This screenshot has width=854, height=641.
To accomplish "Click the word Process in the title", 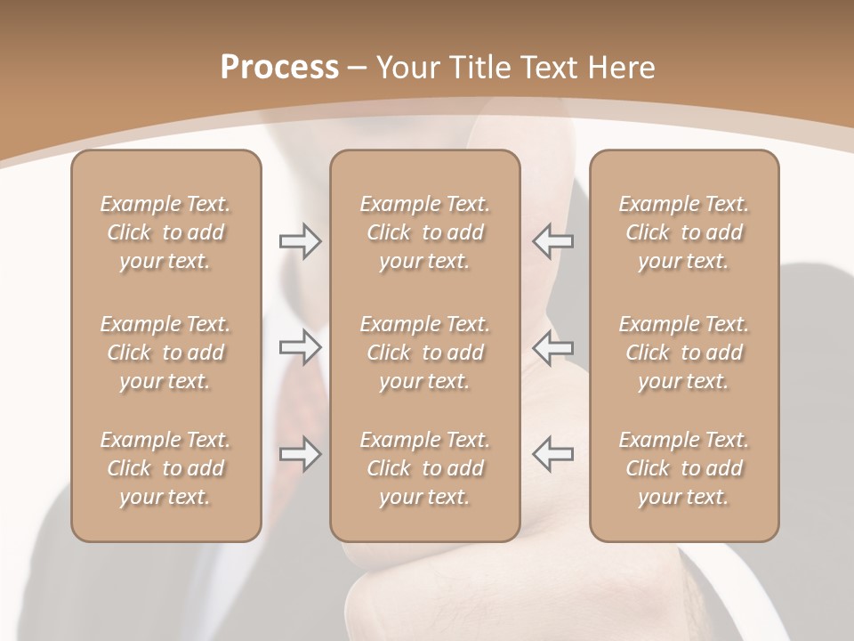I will coord(279,68).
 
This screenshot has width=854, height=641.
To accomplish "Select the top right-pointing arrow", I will coord(300,241).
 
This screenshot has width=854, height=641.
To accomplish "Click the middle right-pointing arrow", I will coord(300,347).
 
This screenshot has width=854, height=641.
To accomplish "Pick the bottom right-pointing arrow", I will coord(300,454).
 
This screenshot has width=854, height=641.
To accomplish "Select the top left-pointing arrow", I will coord(552,241).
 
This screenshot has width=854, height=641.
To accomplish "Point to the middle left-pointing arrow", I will coord(552,347).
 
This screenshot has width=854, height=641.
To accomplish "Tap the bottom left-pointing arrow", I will coord(552,454).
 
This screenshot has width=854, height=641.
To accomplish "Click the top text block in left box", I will coord(165,232).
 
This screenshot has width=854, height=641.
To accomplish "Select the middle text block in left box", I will coord(165,353).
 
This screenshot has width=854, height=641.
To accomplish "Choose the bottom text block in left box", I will coord(165,468).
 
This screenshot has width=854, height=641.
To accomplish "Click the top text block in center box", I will coord(425,232).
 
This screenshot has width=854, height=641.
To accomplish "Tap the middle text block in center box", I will coord(425,353).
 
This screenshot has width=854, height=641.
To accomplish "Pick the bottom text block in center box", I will coord(425,468).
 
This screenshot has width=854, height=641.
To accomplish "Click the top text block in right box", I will coord(684,232).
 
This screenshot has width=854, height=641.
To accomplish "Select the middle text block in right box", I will coord(684,353).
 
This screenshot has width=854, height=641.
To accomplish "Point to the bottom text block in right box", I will coord(684,468).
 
